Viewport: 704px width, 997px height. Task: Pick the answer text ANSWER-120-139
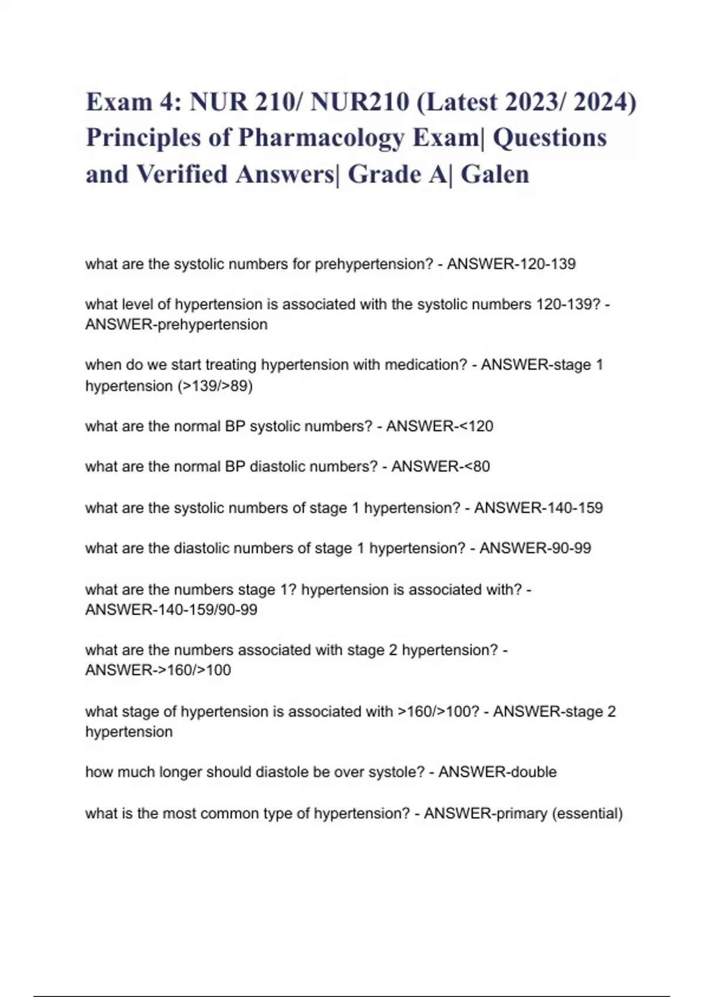point(511,264)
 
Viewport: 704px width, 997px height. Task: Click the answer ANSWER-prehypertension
point(176,325)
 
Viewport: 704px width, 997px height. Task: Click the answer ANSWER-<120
point(439,426)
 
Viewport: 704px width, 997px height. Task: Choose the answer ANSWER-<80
point(441,467)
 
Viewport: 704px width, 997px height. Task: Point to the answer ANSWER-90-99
point(535,548)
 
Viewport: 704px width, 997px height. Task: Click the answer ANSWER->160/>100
point(158,670)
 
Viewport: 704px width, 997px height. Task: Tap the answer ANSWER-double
point(497,772)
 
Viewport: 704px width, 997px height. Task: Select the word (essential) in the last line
point(587,813)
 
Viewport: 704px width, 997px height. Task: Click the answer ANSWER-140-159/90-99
point(171,610)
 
